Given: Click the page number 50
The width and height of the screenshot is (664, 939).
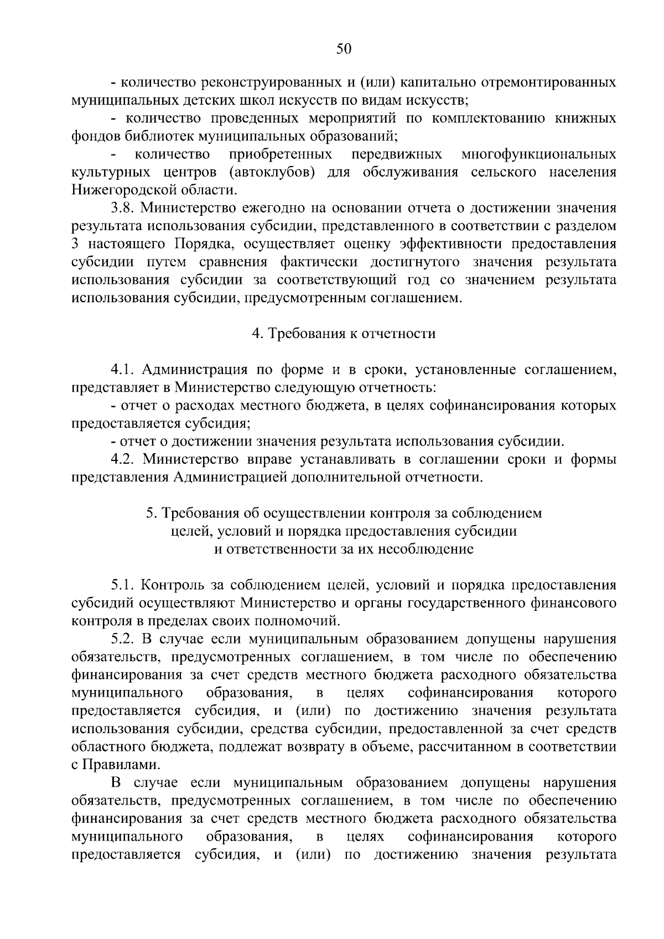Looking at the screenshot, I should click(344, 49).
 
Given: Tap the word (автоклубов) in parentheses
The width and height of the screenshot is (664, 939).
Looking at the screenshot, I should click(271, 172).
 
